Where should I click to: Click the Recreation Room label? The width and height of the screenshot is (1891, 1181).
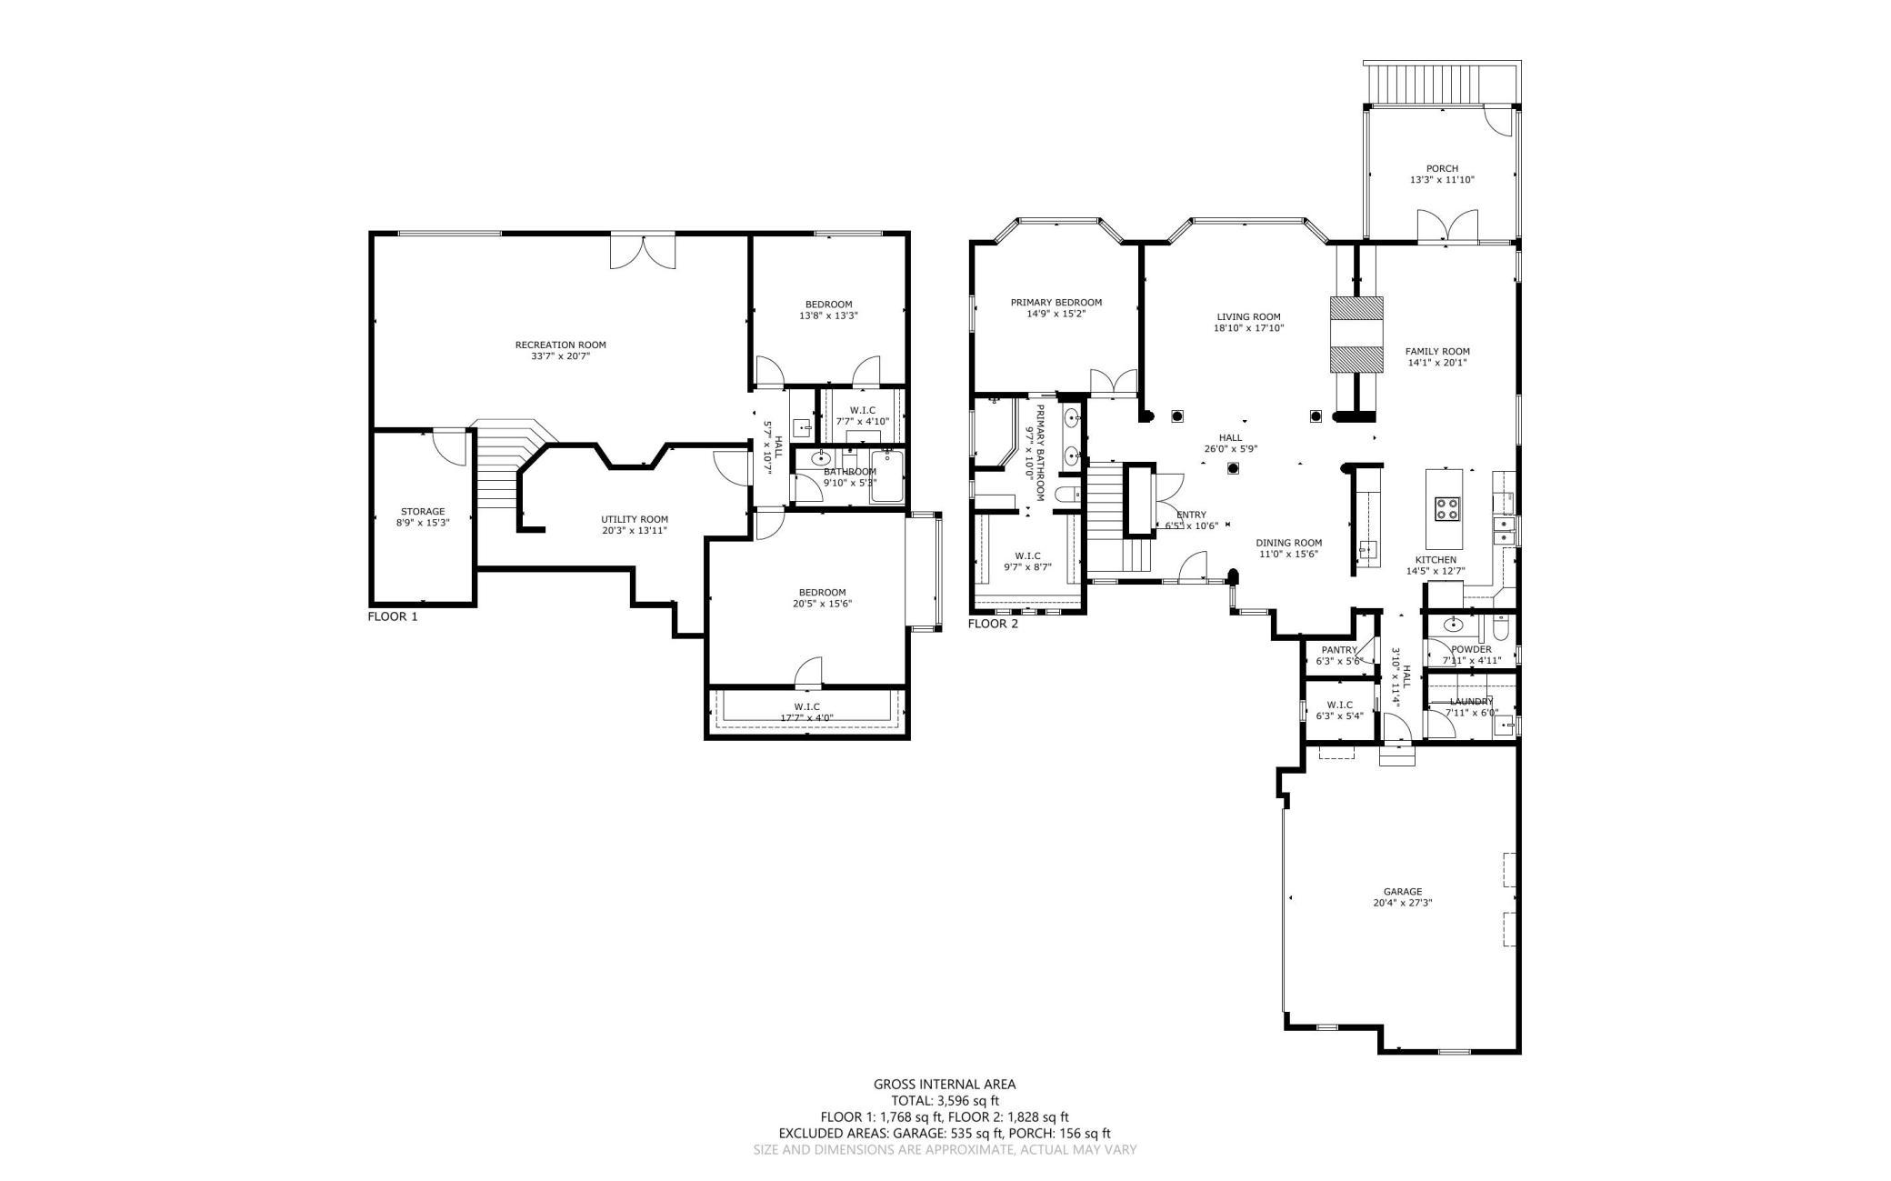click(560, 345)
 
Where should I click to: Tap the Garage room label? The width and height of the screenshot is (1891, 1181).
click(1403, 892)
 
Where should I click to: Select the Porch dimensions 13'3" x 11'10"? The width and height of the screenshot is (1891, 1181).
click(1442, 180)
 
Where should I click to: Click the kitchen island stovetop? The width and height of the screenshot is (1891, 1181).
click(1447, 509)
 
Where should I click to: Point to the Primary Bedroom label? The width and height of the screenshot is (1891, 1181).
click(1056, 303)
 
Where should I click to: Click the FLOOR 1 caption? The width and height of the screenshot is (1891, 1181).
click(393, 616)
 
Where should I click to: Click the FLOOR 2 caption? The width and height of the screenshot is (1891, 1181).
click(993, 624)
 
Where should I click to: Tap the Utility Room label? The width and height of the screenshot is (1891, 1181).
click(635, 520)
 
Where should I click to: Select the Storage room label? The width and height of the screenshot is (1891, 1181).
click(423, 512)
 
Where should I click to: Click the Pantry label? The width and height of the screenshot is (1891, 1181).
click(1339, 650)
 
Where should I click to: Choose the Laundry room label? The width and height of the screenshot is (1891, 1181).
click(1471, 701)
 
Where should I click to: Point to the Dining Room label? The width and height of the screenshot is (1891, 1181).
click(1289, 543)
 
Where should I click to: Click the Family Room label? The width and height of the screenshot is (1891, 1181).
click(1437, 352)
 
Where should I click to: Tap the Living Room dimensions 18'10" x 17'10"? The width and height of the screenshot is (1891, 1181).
click(1248, 328)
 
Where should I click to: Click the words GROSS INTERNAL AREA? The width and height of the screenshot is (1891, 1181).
click(945, 1084)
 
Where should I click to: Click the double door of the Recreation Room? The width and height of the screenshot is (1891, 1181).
click(643, 251)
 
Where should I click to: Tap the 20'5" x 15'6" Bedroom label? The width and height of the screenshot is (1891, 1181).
click(823, 598)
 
